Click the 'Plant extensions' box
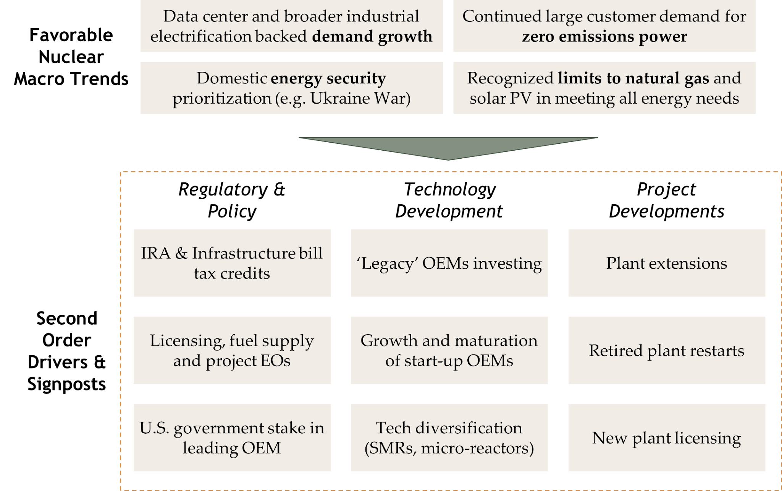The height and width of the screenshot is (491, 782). (667, 263)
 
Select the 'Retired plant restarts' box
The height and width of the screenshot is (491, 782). (667, 350)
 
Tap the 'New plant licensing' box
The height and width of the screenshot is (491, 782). (667, 437)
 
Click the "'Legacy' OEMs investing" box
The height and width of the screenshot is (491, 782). (449, 263)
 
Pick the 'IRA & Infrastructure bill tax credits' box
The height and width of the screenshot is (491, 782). (232, 263)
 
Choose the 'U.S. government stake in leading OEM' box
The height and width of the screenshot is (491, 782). (232, 437)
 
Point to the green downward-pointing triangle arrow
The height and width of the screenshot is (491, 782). (448, 147)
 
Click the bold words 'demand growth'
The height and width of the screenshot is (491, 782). (372, 37)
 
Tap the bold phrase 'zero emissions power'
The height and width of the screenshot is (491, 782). (604, 37)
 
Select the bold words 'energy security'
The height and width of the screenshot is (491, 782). (328, 78)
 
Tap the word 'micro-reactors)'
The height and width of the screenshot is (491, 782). (477, 448)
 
